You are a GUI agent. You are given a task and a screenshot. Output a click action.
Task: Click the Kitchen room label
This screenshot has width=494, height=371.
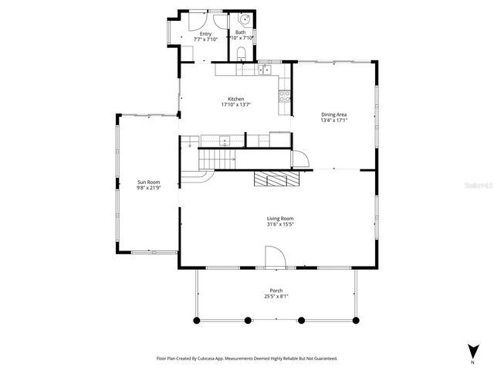point(235,99)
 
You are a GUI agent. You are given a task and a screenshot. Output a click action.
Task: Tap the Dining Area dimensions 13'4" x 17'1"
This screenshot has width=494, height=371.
point(334,121)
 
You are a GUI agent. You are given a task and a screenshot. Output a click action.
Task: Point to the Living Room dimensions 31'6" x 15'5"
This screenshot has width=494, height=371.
point(281,224)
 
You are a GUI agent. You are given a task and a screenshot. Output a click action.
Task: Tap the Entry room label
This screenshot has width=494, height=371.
point(205,33)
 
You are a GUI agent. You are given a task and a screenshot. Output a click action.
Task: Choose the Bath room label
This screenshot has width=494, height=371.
point(240,32)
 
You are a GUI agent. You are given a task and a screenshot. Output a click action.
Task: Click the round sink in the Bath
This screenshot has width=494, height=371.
point(246,19)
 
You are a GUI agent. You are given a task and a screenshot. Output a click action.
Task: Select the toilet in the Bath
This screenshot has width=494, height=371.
point(241,53)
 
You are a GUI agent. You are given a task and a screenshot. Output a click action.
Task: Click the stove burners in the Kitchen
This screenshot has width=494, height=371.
point(284,96)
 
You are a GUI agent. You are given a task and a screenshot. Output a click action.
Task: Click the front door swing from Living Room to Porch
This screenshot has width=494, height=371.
point(275,257)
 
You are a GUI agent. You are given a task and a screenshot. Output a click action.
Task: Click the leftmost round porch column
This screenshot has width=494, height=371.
point(195,319)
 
